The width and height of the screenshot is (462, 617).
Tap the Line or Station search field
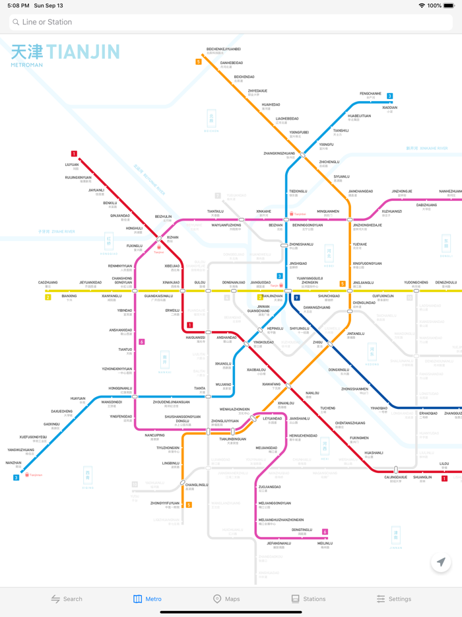231,22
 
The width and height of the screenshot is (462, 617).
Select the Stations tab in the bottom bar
308,599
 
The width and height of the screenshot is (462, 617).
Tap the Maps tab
226,599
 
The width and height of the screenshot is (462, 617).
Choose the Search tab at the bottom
67,599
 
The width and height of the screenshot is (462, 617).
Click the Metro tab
147,599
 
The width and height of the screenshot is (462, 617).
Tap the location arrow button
441,562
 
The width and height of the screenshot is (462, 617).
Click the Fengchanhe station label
370,94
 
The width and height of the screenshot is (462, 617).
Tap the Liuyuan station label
72,164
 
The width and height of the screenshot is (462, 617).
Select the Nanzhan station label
13,463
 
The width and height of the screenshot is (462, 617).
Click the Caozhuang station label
48,283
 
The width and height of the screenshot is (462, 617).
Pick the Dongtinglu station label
302,530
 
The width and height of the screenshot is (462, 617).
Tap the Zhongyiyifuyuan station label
165,503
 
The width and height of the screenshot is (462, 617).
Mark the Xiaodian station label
389,108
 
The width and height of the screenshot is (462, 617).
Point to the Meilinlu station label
325,544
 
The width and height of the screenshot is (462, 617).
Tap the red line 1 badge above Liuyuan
74,154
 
